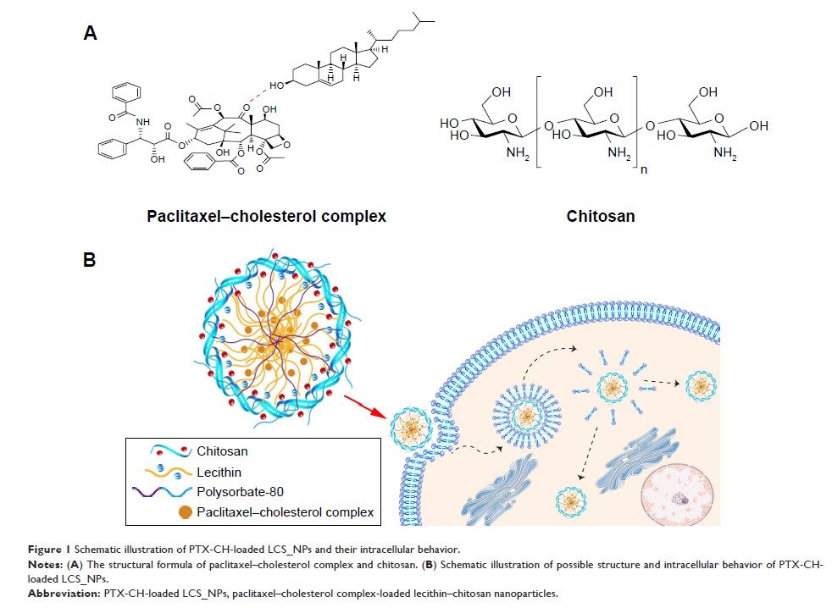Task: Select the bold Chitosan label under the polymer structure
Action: pos(601,217)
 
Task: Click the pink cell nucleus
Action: pos(682,495)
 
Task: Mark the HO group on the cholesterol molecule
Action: pos(275,86)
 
